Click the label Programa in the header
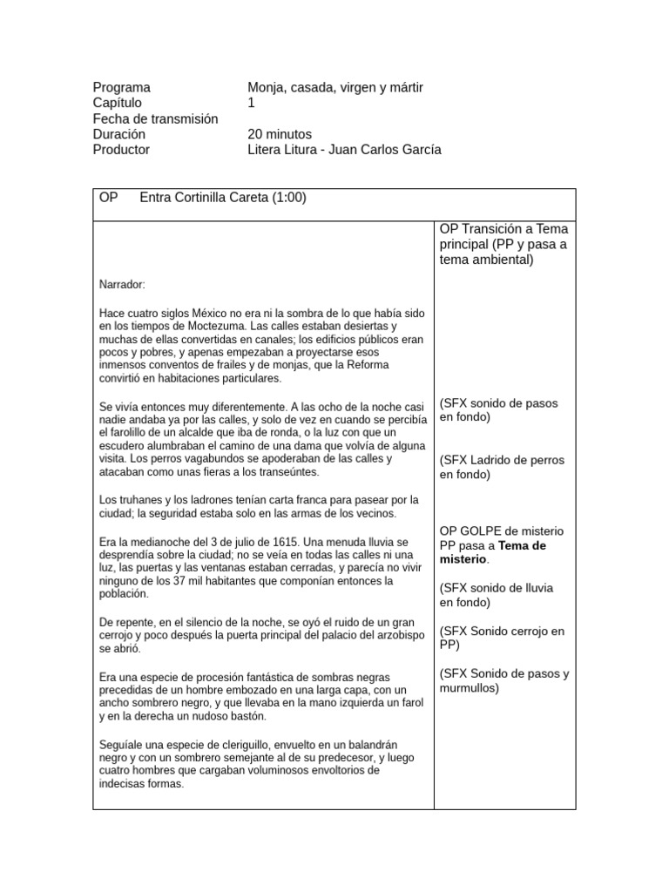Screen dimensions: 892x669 pyautogui.click(x=121, y=87)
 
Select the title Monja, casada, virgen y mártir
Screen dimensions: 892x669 pyautogui.click(x=334, y=87)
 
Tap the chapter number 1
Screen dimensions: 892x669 pyautogui.click(x=252, y=103)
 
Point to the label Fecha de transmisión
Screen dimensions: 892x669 pyautogui.click(x=155, y=118)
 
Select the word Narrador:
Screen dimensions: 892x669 pyautogui.click(x=123, y=284)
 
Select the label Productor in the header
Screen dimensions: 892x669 pyautogui.click(x=121, y=150)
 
